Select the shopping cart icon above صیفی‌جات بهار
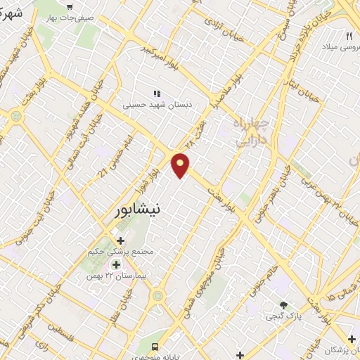[69, 6]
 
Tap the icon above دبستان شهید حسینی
[157, 93]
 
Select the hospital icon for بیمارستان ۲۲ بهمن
[117, 264]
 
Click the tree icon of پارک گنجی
[283, 304]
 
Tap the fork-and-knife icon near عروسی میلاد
[349, 35]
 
